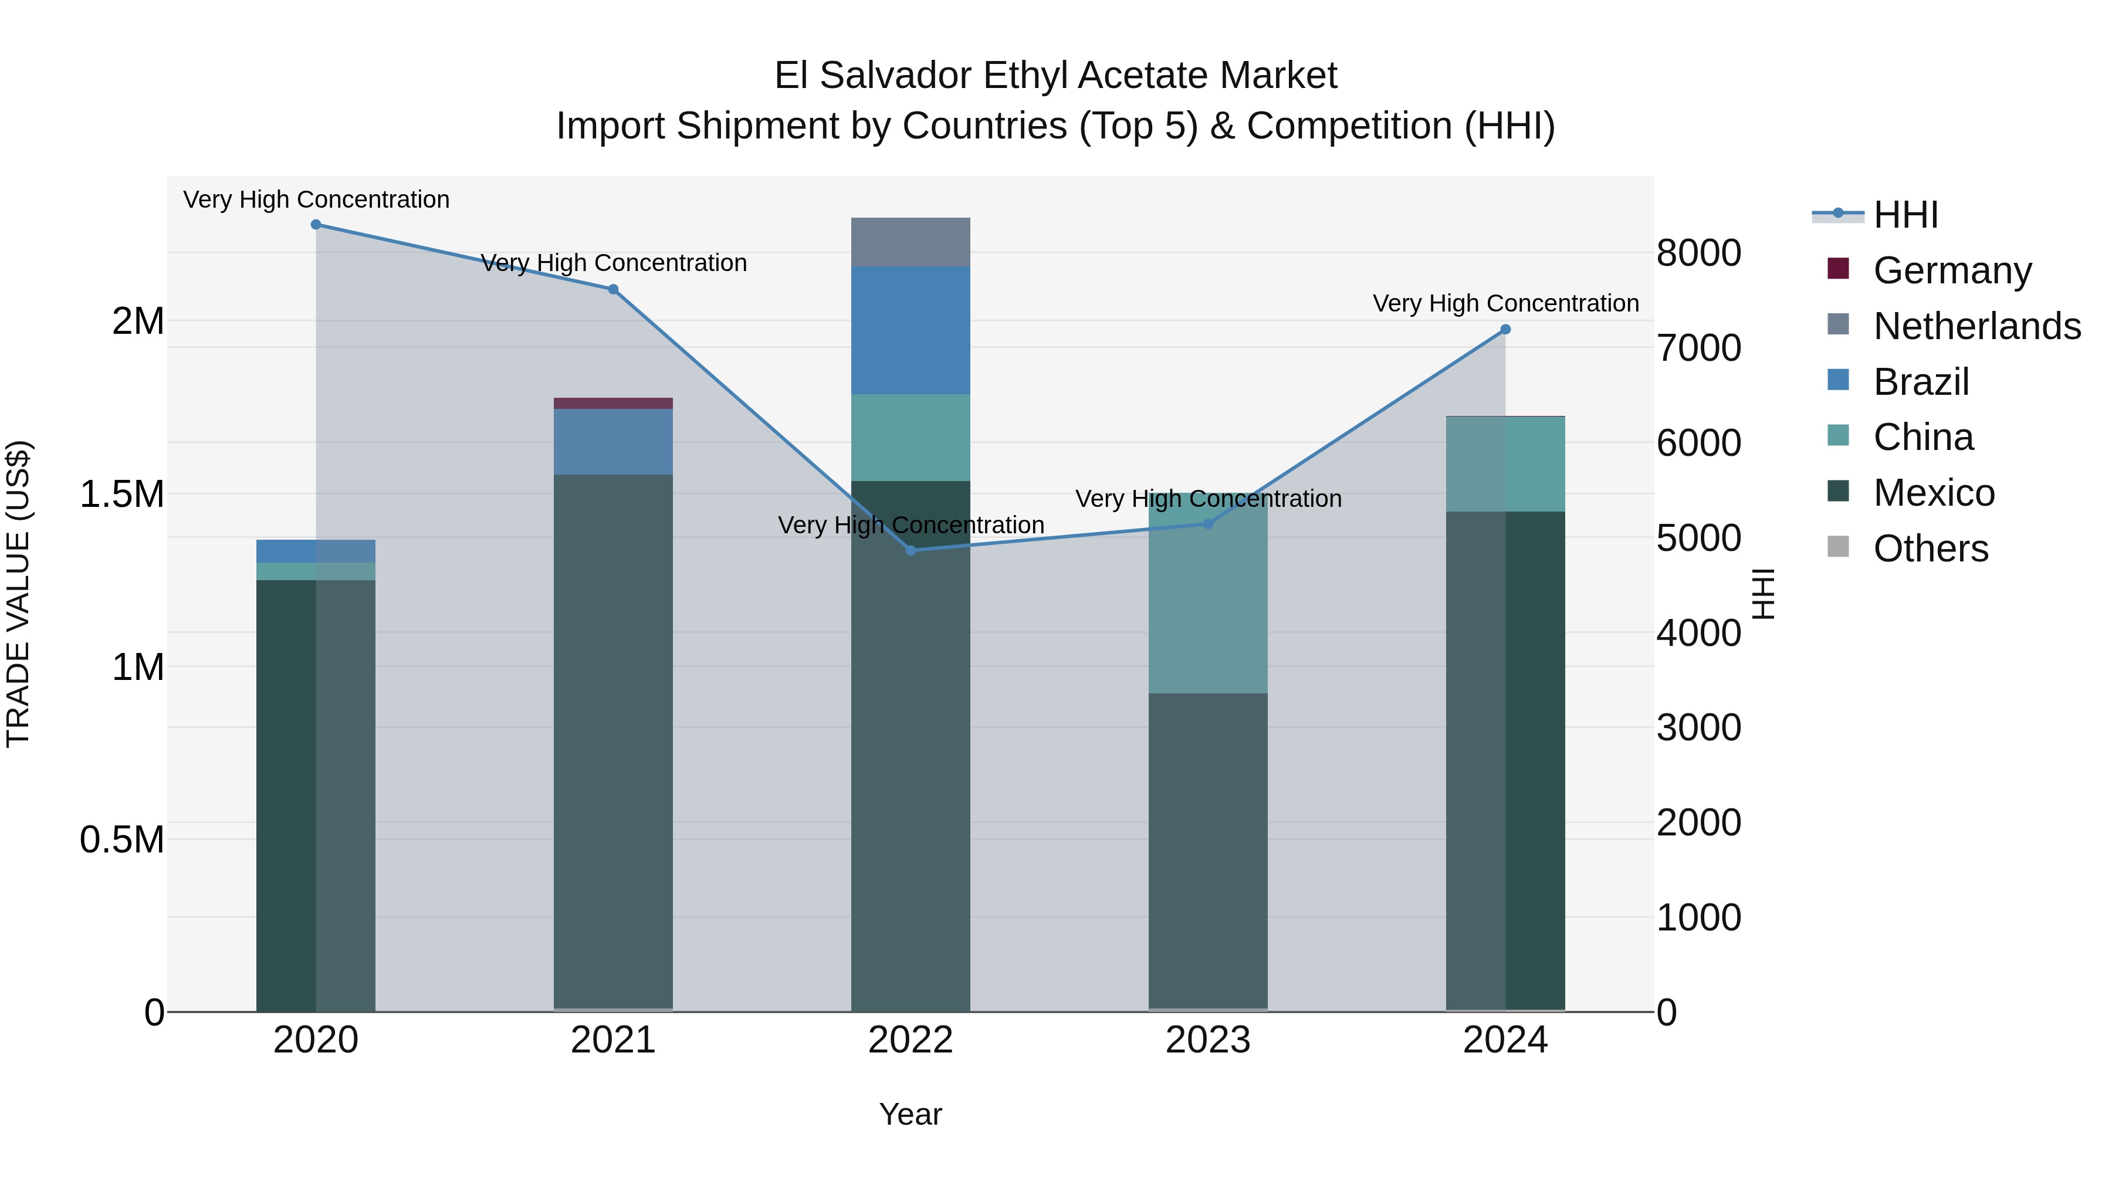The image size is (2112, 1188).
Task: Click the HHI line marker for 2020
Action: [x=316, y=225]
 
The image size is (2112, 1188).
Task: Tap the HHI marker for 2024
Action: [x=1505, y=330]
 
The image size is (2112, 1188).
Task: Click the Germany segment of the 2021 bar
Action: [x=613, y=404]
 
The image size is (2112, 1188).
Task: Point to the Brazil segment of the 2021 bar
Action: [x=613, y=441]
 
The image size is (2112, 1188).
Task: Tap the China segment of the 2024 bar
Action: [x=1505, y=464]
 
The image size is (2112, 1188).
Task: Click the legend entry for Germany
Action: [x=1951, y=270]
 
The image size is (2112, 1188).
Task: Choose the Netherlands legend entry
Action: [x=1976, y=326]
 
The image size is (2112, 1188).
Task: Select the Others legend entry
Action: [x=1930, y=549]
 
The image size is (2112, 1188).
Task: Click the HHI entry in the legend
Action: [x=1905, y=215]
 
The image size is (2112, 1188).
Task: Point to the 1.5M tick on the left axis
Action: [x=122, y=495]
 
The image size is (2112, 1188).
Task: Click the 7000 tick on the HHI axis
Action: [x=1699, y=348]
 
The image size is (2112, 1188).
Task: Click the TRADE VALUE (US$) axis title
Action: [x=18, y=594]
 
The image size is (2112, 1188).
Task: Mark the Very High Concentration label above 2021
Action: [x=613, y=263]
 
